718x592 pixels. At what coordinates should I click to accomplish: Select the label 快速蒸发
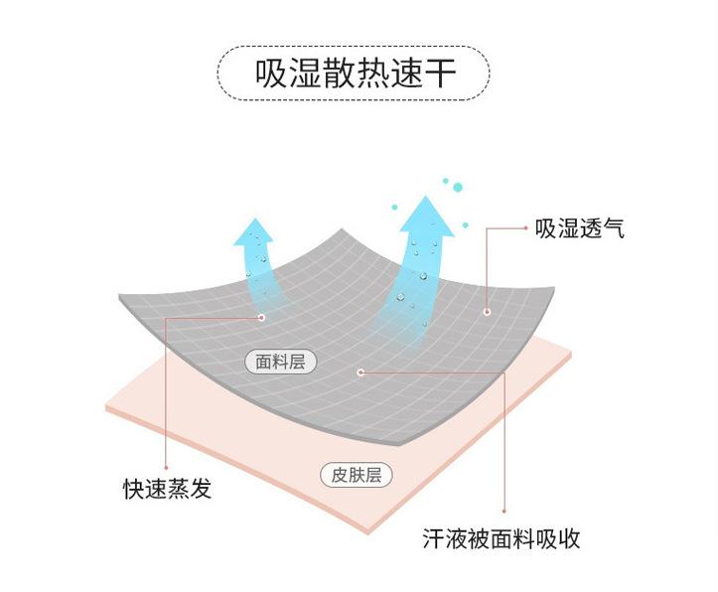168,489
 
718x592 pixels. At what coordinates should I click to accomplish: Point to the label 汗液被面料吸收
502,539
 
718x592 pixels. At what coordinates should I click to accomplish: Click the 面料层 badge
280,362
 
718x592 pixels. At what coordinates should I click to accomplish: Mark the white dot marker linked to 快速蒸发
261,318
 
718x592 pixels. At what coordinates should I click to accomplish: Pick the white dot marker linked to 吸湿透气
487,312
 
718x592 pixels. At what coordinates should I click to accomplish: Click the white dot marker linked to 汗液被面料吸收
360,372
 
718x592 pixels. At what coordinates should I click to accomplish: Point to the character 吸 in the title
270,75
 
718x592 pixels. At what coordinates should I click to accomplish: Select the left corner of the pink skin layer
106,409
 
